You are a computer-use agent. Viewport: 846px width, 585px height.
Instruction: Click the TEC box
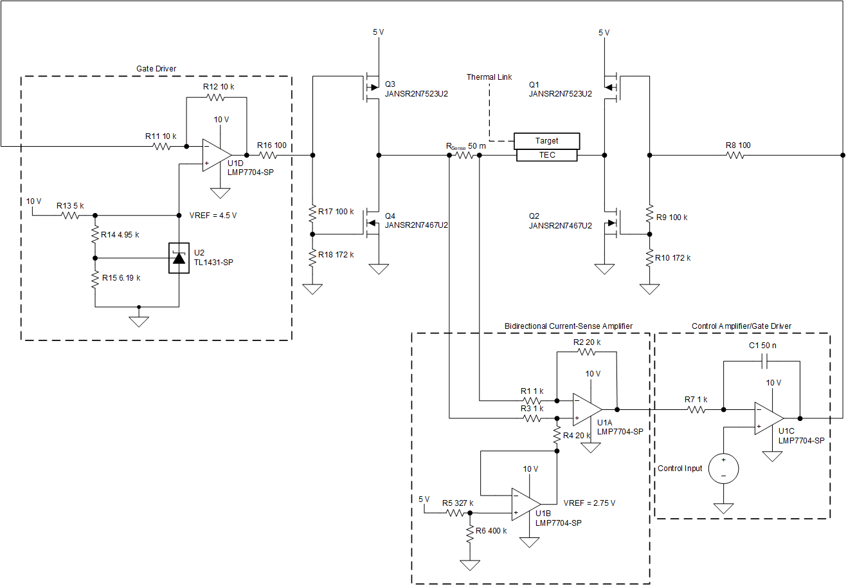pyautogui.click(x=546, y=156)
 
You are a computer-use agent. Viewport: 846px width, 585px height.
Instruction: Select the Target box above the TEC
pyautogui.click(x=546, y=141)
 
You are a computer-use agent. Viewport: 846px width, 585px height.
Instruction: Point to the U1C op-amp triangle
pyautogui.click(x=769, y=418)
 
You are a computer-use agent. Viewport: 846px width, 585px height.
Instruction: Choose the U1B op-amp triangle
pyautogui.click(x=525, y=504)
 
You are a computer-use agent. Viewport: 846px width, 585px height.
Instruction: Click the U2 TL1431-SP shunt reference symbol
pyautogui.click(x=178, y=258)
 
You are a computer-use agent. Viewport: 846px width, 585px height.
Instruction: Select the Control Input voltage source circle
pyautogui.click(x=723, y=468)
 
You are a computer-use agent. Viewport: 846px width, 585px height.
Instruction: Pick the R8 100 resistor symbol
pyautogui.click(x=737, y=155)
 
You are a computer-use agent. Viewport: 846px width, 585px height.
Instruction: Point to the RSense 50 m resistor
pyautogui.click(x=465, y=155)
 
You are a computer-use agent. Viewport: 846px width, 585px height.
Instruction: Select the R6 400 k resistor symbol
pyautogui.click(x=470, y=532)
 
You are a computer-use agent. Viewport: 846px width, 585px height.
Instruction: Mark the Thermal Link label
pyautogui.click(x=489, y=77)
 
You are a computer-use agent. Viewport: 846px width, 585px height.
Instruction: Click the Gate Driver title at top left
pyautogui.click(x=156, y=68)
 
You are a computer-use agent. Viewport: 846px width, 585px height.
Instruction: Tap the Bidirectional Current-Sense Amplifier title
pyautogui.click(x=568, y=326)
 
